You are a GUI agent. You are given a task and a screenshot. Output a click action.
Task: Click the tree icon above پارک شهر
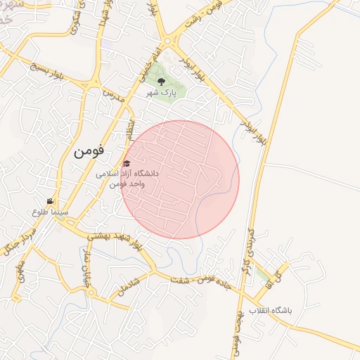point(169,81)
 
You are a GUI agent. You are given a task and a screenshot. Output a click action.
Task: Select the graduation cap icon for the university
point(126,164)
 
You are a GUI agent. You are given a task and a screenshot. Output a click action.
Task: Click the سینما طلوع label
point(49,211)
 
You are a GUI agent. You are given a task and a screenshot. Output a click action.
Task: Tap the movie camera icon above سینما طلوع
point(50,200)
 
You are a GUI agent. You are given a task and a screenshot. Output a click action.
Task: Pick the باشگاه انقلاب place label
point(274,310)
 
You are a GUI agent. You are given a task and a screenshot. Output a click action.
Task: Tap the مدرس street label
point(113,96)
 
